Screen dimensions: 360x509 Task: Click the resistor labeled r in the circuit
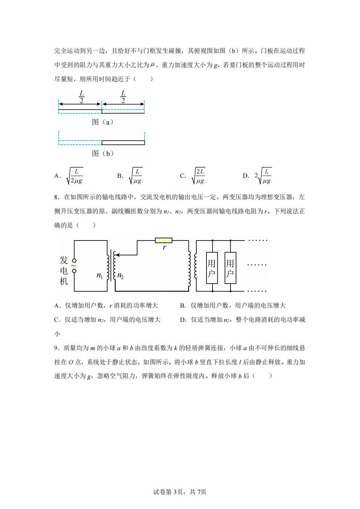163,240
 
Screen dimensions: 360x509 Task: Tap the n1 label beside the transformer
100,276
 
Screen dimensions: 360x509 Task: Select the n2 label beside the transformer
120,276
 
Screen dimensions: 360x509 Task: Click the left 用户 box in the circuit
212,268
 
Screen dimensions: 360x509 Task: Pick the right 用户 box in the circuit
230,268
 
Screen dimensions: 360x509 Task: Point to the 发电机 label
64,271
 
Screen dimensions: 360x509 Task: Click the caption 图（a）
102,122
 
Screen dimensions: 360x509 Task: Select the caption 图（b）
103,153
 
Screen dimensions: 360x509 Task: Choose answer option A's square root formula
75,176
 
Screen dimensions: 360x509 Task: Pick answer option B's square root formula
136,176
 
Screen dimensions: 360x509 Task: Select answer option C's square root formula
199,176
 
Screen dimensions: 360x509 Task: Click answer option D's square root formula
263,176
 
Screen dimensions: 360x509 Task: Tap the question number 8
56,197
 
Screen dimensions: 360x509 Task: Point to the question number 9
56,348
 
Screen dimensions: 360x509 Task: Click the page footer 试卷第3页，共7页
180,492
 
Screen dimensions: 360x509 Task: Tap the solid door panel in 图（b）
123,143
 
